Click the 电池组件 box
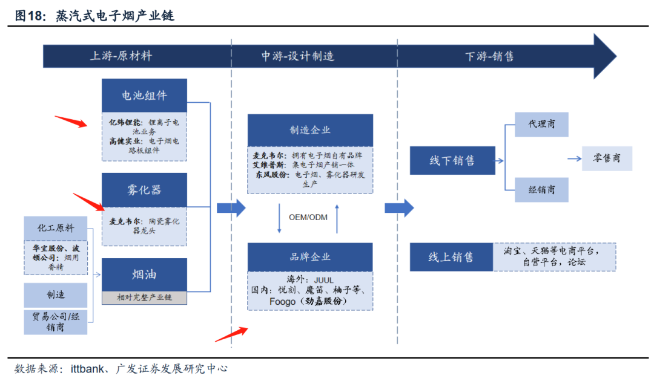click(x=144, y=95)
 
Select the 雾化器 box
click(x=144, y=190)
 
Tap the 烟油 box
click(x=144, y=275)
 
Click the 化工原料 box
click(x=56, y=228)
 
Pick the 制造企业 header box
click(x=310, y=130)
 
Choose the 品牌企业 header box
click(x=310, y=256)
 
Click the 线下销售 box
click(x=452, y=161)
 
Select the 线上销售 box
click(x=452, y=257)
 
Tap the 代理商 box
click(x=541, y=124)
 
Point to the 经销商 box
click(x=541, y=190)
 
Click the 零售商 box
click(x=606, y=158)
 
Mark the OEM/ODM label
click(x=308, y=216)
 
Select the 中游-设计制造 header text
click(x=298, y=56)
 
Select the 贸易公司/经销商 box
click(x=56, y=322)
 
